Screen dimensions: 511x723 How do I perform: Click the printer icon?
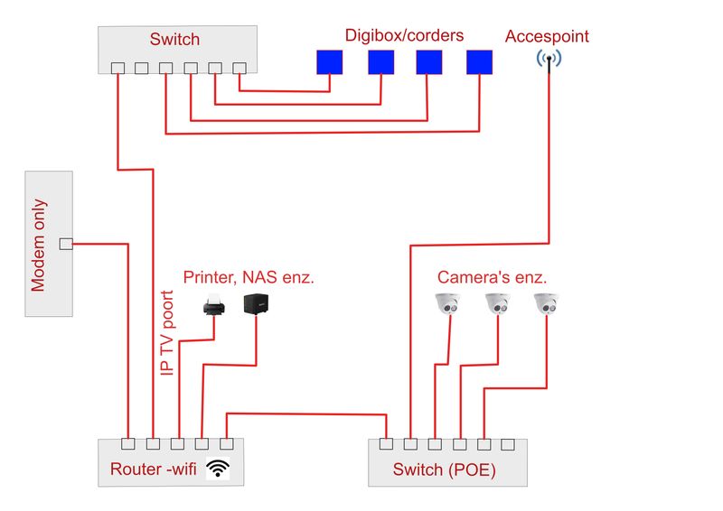[213, 305]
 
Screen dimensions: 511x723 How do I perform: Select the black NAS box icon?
[256, 304]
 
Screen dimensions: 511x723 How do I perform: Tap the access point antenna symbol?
[549, 60]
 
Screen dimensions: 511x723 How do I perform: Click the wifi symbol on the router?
[218, 469]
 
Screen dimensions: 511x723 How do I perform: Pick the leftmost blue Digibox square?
[330, 61]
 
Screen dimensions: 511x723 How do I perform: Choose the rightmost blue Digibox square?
[479, 61]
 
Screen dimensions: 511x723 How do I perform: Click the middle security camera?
[498, 303]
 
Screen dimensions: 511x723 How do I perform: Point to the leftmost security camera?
[449, 303]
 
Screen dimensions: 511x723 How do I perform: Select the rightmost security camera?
[547, 303]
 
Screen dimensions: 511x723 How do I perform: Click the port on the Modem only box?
[65, 244]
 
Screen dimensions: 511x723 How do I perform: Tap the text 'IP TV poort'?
[165, 333]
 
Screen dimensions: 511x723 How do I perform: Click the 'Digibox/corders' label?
[404, 36]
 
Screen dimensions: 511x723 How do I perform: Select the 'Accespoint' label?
[547, 37]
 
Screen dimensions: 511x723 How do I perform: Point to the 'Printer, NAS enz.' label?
[249, 276]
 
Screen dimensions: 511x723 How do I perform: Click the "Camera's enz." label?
[493, 277]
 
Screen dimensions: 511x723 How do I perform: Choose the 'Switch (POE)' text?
[444, 469]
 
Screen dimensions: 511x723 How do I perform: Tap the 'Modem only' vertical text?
[38, 246]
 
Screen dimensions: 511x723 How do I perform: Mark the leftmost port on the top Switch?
[117, 68]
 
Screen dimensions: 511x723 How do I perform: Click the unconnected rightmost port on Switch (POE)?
[508, 444]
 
